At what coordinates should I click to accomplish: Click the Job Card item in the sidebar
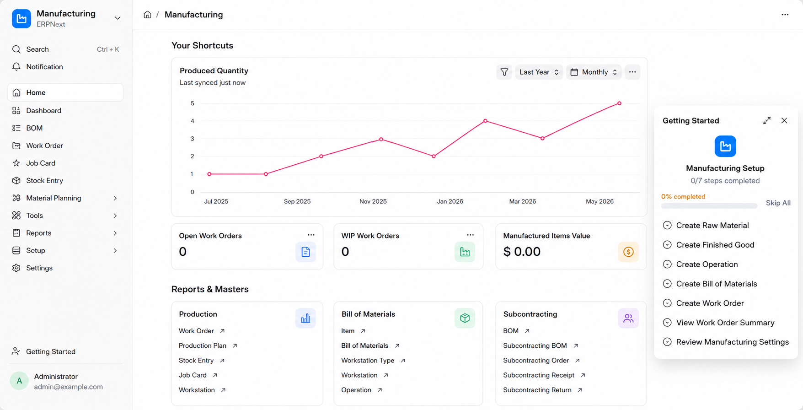coord(41,163)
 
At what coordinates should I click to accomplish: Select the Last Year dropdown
coord(539,72)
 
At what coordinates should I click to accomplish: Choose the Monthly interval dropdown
coord(594,72)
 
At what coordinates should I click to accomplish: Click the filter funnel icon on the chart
coord(504,72)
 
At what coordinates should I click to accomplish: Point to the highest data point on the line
coord(620,103)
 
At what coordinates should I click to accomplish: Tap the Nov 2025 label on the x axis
coord(373,201)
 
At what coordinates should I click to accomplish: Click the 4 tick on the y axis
coord(193,121)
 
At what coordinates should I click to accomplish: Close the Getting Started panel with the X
coord(784,120)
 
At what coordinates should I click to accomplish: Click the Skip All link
coord(778,203)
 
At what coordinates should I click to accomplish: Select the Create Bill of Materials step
coord(717,284)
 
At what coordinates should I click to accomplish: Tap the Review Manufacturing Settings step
coord(733,342)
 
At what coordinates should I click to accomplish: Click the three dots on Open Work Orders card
coord(311,235)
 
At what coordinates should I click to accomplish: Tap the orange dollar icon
coord(628,252)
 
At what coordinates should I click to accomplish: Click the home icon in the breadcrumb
coord(147,15)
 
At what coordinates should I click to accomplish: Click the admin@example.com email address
coord(69,387)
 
